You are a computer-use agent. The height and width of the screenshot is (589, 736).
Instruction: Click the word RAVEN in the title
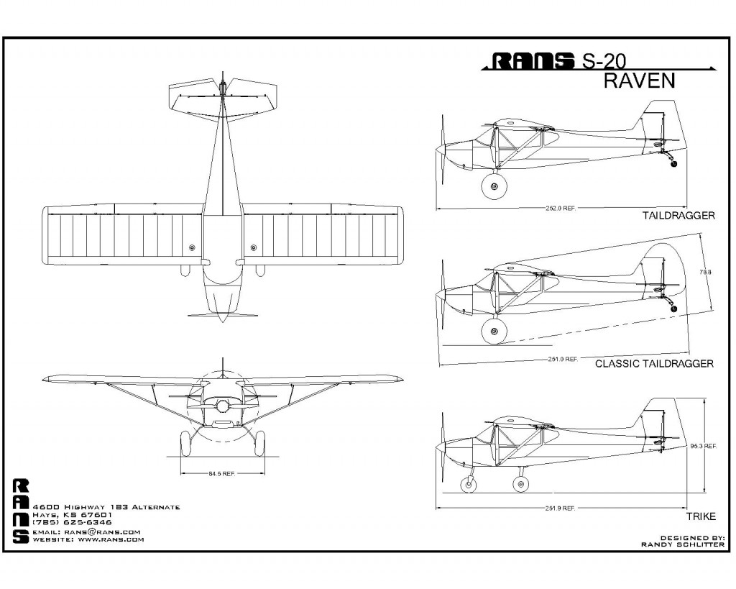639,81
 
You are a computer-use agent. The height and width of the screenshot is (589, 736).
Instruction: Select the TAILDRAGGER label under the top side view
678,216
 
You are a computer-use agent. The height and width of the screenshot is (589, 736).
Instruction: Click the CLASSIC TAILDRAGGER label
654,364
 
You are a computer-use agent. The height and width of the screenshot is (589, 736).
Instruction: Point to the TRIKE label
701,516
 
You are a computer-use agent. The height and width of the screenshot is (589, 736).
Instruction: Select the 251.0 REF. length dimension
563,360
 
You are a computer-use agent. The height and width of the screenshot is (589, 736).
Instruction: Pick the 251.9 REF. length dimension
561,508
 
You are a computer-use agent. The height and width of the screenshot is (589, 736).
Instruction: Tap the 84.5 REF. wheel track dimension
222,473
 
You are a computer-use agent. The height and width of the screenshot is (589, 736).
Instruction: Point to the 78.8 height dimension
706,272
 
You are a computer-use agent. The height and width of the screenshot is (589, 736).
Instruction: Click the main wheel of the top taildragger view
494,186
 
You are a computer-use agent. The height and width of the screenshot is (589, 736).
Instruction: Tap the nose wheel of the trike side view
469,484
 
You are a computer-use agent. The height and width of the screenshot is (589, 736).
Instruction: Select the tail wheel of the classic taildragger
674,309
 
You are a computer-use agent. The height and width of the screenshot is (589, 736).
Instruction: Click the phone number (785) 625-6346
72,522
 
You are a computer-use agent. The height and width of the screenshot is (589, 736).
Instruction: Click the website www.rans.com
111,539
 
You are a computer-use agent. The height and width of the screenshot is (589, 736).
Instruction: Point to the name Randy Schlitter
683,545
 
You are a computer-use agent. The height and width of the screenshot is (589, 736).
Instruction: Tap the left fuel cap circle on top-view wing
192,247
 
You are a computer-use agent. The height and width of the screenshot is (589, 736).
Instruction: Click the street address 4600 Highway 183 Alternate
106,507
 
